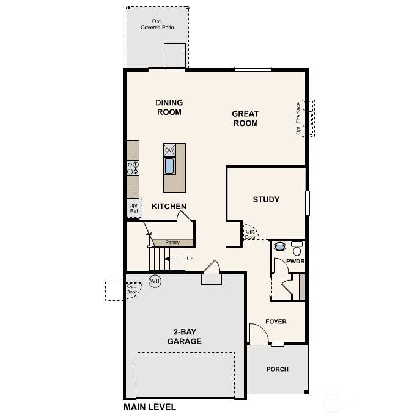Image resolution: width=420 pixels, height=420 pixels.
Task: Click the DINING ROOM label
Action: point(169,107)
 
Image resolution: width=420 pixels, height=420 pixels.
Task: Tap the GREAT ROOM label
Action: point(245,118)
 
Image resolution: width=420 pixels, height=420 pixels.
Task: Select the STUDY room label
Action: point(266,199)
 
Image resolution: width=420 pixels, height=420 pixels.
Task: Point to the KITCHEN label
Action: point(169,206)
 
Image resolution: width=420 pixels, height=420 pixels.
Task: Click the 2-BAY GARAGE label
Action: point(184,336)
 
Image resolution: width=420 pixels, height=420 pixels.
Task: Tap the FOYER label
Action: point(276,322)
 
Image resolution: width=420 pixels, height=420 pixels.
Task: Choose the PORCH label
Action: point(277,369)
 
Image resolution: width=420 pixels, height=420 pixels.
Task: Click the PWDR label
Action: point(295,262)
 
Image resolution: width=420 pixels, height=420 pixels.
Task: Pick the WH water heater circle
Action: point(155,281)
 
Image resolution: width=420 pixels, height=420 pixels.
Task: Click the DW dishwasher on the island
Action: point(170,150)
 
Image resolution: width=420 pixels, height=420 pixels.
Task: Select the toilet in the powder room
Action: point(279,248)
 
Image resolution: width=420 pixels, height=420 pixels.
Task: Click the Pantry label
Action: point(172,243)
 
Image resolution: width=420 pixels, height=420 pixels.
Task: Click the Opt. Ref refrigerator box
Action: point(134,208)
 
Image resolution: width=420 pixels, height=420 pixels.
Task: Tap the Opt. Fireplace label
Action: point(299,118)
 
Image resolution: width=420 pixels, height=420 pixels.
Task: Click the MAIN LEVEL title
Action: point(150,407)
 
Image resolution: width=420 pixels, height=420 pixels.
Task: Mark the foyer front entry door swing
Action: point(258,334)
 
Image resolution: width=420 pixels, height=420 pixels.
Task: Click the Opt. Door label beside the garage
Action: point(131,289)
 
